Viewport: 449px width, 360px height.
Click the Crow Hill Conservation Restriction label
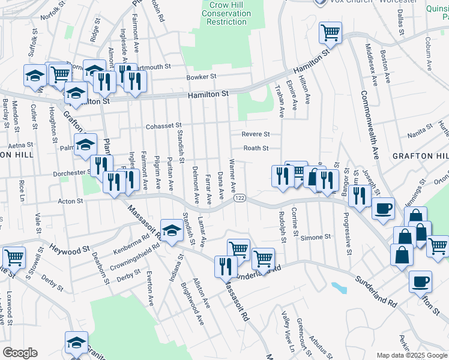[226, 13]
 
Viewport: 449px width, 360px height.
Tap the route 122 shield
[240, 199]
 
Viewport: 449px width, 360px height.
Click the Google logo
[20, 353]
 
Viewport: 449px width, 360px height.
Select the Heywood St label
[69, 247]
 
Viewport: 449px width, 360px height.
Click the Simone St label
[316, 238]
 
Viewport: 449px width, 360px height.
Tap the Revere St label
[256, 134]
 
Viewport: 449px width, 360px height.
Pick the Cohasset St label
[163, 126]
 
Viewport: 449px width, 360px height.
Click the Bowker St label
[200, 77]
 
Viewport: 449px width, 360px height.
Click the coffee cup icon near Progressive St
[384, 208]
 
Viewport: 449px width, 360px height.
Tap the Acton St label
[71, 202]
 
